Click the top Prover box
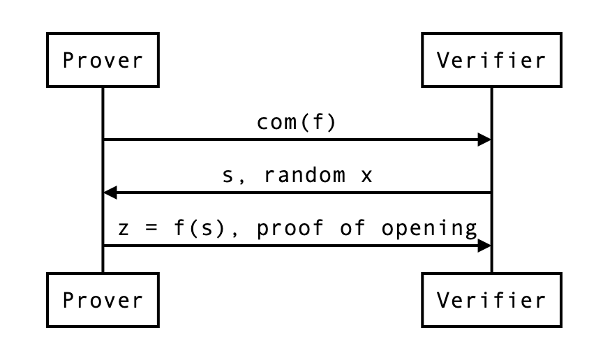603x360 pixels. [x=103, y=61]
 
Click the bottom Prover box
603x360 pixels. [x=103, y=301]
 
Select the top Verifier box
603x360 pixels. [x=491, y=61]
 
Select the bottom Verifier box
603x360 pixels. [x=491, y=301]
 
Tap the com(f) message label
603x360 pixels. [x=297, y=123]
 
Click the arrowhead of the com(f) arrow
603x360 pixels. [x=484, y=140]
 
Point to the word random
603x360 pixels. [x=304, y=176]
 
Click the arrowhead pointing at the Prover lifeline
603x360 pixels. [x=110, y=193]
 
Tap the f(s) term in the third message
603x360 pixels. [x=207, y=229]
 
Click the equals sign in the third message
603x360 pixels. [x=155, y=229]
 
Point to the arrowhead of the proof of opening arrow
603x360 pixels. [x=484, y=246]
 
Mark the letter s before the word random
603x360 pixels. [x=228, y=176]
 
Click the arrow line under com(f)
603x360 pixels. [x=293, y=140]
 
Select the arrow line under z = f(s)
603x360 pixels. [x=293, y=246]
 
